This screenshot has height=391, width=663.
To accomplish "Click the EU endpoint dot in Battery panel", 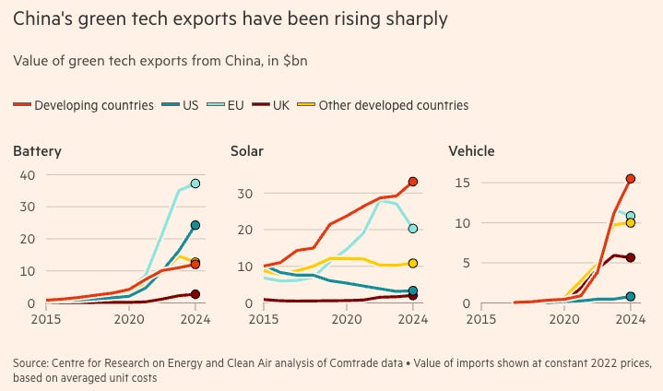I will tap(195, 184).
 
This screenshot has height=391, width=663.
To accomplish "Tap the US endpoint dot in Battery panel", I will tap(195, 225).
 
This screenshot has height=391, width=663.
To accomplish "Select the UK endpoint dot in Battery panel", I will tap(195, 294).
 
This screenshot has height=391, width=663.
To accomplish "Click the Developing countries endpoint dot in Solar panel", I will tap(413, 182).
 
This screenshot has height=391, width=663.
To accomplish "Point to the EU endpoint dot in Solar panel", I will tap(413, 229).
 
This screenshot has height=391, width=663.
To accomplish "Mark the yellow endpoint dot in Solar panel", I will tap(413, 264).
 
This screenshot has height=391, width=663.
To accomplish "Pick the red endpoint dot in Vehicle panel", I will tap(631, 179).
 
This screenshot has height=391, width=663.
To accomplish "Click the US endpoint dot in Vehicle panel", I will tap(631, 297).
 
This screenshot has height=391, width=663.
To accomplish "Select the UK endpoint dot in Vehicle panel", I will tap(631, 258).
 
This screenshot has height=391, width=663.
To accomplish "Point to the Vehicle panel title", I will tap(472, 150).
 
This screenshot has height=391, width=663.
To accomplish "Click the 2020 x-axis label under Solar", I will tap(346, 320).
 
